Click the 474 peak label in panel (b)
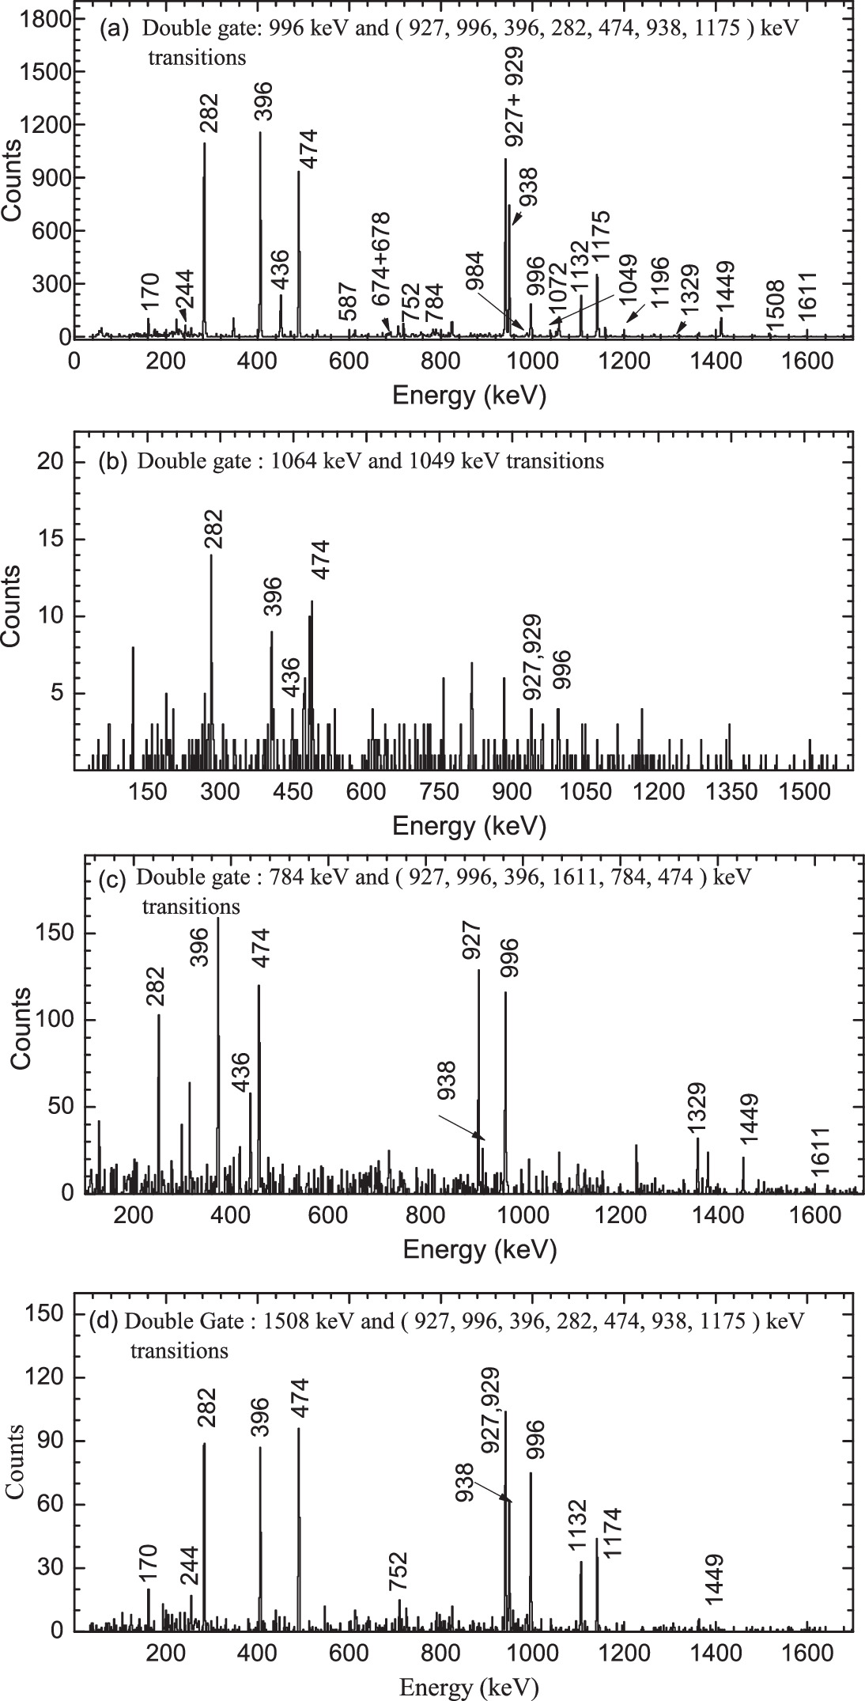(322, 563)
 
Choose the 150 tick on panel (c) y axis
(55, 934)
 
